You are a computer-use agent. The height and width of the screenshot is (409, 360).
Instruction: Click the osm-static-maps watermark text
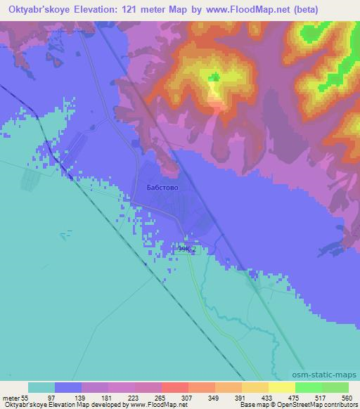pos(326,376)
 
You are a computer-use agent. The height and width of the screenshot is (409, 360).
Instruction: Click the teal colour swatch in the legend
pos(41,387)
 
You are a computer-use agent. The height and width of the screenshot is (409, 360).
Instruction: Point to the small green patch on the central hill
pos(213,77)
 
